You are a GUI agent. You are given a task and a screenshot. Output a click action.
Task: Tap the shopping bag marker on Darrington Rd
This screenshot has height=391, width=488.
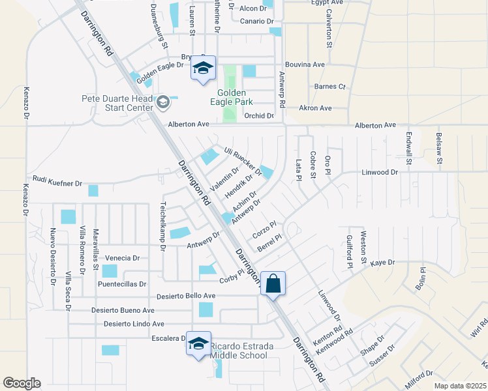(x=273, y=284)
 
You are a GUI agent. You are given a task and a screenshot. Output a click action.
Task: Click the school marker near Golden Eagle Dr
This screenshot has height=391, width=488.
(x=203, y=67)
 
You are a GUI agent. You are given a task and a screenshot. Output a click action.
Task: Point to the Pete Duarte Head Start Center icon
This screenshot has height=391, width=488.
(x=163, y=102)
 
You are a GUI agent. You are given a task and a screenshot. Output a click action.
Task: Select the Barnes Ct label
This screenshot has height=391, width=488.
(x=329, y=86)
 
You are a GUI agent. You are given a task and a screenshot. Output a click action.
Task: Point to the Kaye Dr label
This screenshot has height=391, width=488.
(x=383, y=263)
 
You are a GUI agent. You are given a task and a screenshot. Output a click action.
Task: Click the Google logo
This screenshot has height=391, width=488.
(x=22, y=383)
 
